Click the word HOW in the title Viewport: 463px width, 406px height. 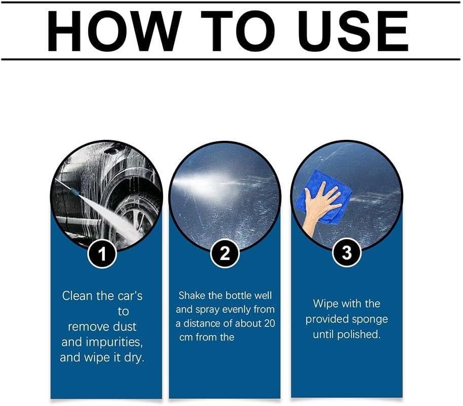point(114,31)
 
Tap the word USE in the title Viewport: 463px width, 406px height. point(354,31)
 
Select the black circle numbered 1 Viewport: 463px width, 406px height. point(102,254)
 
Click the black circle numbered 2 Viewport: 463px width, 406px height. point(225,253)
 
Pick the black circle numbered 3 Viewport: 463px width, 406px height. point(347,253)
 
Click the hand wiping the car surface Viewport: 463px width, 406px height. point(320,207)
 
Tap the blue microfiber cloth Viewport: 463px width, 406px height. point(324,197)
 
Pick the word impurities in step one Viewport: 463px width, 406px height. point(114,342)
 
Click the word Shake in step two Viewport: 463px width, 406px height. point(192,296)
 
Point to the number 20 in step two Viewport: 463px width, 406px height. point(269,323)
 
